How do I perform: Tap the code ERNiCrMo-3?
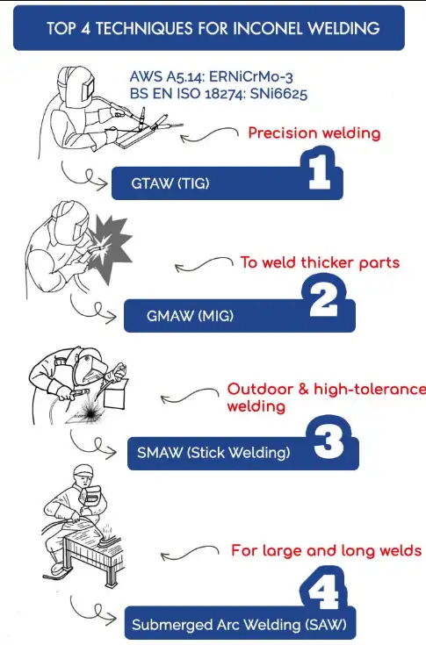click(251, 76)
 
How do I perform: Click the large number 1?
click(321, 171)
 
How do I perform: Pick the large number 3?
click(329, 441)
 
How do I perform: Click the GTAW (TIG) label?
click(170, 183)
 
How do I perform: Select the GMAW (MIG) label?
click(190, 316)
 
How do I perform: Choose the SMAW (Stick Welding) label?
click(213, 453)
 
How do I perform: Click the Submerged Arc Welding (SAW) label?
click(239, 625)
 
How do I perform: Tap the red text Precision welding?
click(314, 133)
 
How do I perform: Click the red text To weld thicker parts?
click(320, 262)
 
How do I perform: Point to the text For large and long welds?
click(327, 550)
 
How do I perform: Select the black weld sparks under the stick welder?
click(90, 410)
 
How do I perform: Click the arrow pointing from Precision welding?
click(209, 134)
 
